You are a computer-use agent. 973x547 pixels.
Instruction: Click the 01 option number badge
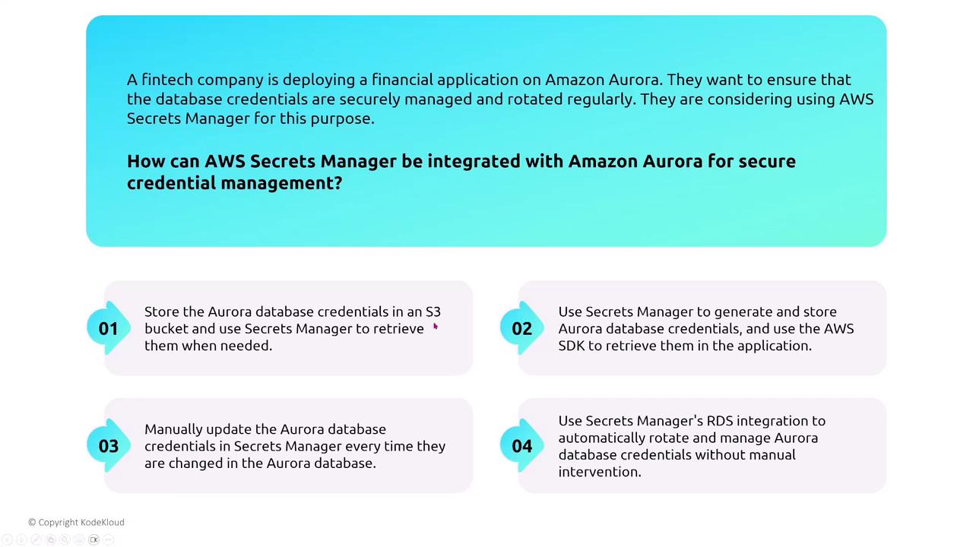tap(109, 328)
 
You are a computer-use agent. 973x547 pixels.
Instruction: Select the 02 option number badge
tap(522, 328)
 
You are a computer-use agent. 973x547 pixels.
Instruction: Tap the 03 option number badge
tap(109, 446)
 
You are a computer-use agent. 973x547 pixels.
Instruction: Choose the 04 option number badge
tap(522, 446)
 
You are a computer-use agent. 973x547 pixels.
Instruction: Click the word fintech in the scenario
tap(166, 80)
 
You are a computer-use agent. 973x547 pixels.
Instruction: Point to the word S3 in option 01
tap(433, 311)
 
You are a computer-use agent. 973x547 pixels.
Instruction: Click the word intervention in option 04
tap(600, 472)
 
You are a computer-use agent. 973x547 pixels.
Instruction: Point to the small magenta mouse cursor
tap(436, 327)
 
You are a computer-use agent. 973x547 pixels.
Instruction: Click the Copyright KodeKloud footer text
tap(77, 522)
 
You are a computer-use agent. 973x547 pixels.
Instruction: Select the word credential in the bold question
tap(172, 183)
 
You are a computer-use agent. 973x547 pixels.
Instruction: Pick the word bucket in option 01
tap(166, 329)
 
